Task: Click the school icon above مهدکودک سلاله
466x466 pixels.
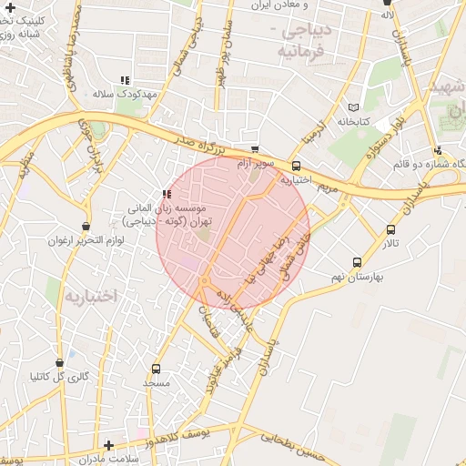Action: click(x=125, y=80)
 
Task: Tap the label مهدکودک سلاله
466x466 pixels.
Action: click(x=126, y=95)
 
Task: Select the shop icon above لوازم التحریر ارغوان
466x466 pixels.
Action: click(x=86, y=227)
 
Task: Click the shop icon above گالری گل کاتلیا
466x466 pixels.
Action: click(x=60, y=362)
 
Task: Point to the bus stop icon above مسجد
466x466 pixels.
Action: click(x=157, y=369)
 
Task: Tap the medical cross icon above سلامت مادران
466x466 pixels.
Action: click(x=109, y=445)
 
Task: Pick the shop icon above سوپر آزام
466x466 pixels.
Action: click(x=254, y=150)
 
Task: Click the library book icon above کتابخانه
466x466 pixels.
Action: click(x=353, y=106)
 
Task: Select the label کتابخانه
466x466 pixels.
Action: click(x=353, y=121)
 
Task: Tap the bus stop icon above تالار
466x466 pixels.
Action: click(x=390, y=230)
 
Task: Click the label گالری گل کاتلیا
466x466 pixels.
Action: click(x=60, y=376)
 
